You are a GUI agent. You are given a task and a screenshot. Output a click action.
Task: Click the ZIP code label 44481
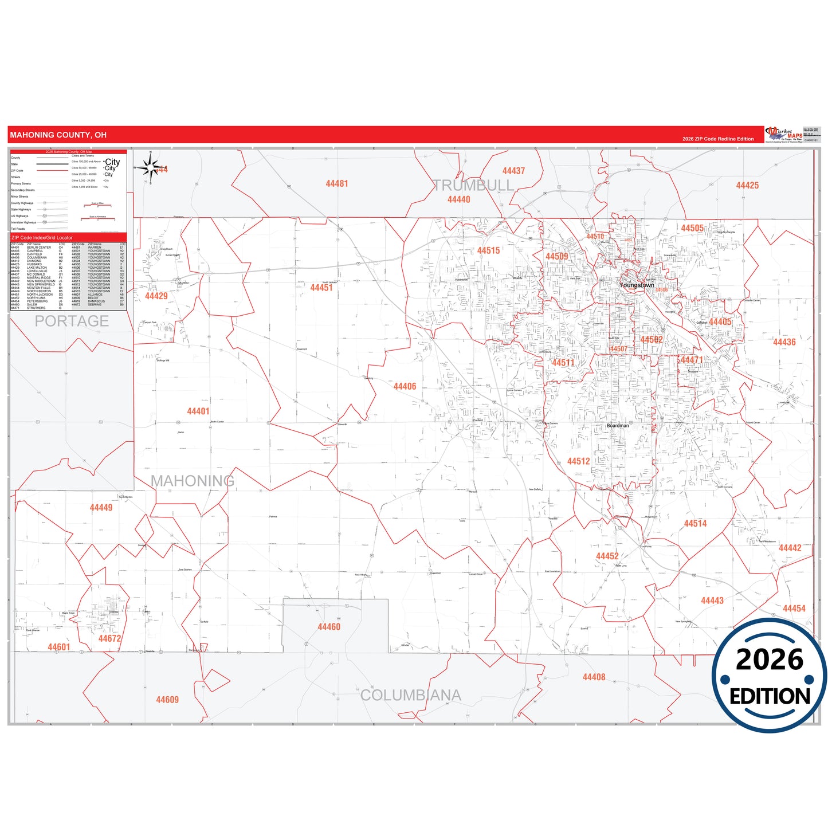[336, 183]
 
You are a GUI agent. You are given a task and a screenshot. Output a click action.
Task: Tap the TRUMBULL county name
[473, 185]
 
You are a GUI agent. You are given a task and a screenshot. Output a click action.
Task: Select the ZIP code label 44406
[405, 386]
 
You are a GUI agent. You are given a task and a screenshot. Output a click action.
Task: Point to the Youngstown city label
[636, 285]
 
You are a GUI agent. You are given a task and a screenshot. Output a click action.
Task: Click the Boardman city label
[618, 425]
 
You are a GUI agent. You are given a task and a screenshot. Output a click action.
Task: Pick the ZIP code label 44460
[329, 627]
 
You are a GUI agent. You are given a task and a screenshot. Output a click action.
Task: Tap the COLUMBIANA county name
[410, 695]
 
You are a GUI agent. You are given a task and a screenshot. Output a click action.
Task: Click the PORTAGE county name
[72, 321]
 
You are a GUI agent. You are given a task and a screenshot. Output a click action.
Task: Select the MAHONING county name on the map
[193, 481]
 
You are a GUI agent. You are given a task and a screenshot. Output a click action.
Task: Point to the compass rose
[150, 167]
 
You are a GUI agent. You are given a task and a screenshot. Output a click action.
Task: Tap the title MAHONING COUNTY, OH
[58, 135]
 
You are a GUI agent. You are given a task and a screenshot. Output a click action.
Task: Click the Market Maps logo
[783, 135]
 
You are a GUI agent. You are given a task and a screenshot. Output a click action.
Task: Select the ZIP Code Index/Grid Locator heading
[42, 237]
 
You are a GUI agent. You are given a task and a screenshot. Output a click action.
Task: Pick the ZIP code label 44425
[747, 185]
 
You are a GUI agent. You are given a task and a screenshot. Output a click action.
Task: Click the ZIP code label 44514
[695, 523]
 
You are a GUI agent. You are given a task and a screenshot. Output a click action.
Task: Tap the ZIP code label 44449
[101, 508]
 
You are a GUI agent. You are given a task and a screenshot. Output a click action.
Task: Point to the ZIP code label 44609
[167, 700]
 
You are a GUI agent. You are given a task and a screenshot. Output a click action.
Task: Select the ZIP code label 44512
[578, 461]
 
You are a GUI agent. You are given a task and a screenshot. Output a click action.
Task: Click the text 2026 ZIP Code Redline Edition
[718, 139]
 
